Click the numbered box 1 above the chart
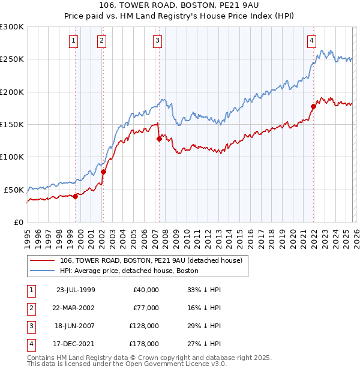(73, 41)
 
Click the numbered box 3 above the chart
(157, 41)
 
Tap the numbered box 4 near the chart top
(312, 41)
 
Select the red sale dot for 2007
(159, 139)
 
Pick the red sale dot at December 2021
(313, 107)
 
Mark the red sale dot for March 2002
(103, 172)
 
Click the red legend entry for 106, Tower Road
(151, 260)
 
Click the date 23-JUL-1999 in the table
(76, 290)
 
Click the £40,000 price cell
(145, 290)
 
